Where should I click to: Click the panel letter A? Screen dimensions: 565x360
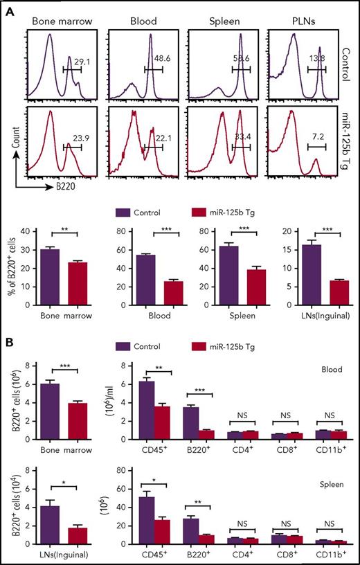(7, 7)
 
